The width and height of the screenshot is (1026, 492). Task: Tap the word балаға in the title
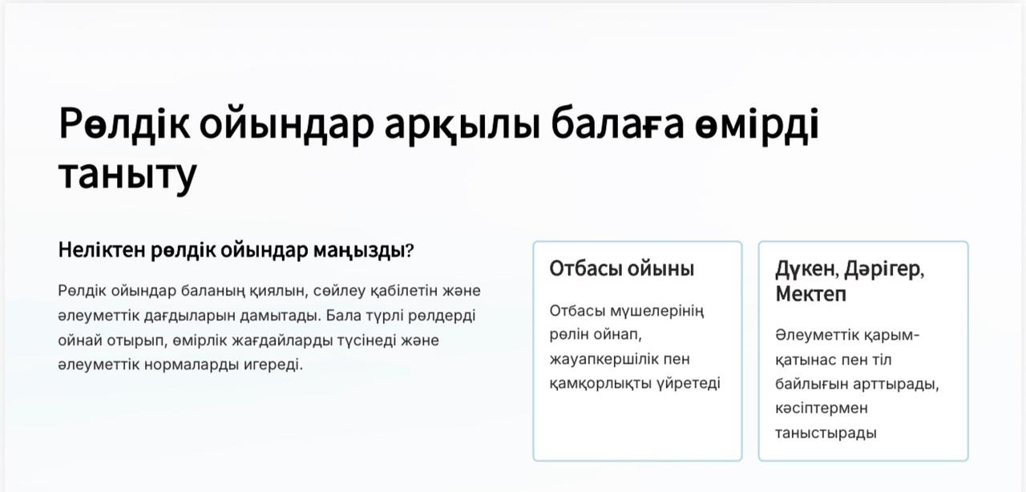point(617,123)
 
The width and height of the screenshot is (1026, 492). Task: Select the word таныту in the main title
point(127,176)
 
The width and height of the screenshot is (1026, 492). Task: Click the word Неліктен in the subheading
point(102,250)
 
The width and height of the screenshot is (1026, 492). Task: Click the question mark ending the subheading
point(410,250)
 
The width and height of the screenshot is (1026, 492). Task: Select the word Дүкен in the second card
point(806,269)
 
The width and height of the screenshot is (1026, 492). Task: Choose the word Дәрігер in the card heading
point(884,269)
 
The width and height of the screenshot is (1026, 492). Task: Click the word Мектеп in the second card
point(810,294)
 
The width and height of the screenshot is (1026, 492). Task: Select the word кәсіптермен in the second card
point(822,408)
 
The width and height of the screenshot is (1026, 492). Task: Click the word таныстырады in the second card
point(826,433)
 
